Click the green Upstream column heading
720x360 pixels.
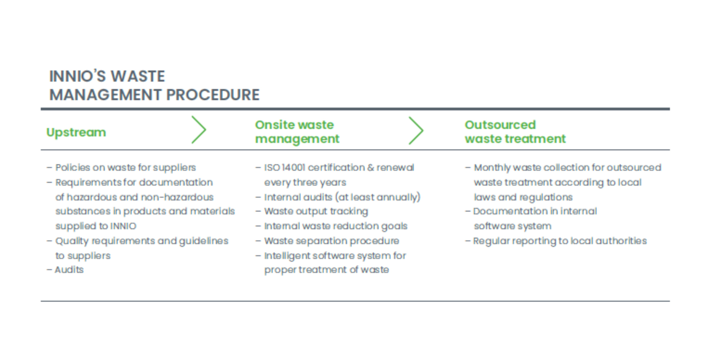coord(76,132)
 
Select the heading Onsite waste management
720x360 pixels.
coord(297,132)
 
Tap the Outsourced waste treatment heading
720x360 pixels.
coord(515,132)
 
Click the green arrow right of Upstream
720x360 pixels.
coord(199,130)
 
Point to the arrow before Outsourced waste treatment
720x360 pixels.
coord(416,130)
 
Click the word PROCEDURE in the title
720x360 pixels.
coord(213,95)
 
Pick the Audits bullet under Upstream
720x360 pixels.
coord(65,270)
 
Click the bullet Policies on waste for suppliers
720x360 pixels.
coord(121,168)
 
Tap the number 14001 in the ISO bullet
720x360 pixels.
coord(293,167)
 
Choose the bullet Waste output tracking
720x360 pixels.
coord(312,211)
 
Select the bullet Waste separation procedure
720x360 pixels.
coord(327,240)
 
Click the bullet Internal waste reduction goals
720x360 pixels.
coord(331,226)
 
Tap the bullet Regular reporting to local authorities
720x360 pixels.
coord(556,241)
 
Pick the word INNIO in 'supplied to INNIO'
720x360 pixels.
coord(123,226)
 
